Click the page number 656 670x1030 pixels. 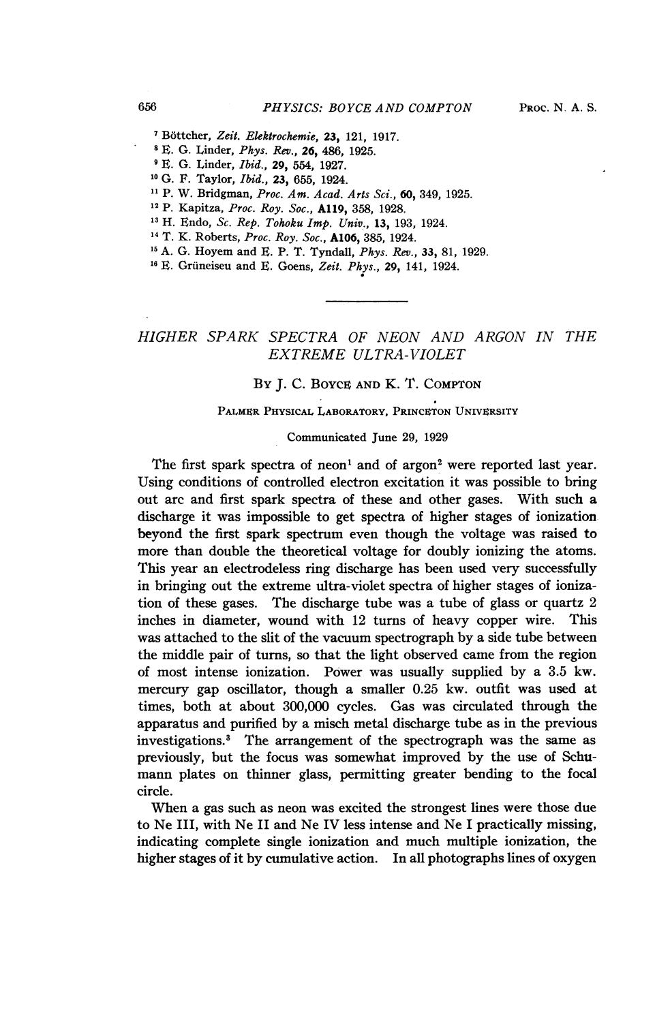click(147, 107)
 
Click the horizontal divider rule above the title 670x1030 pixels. click(367, 300)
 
